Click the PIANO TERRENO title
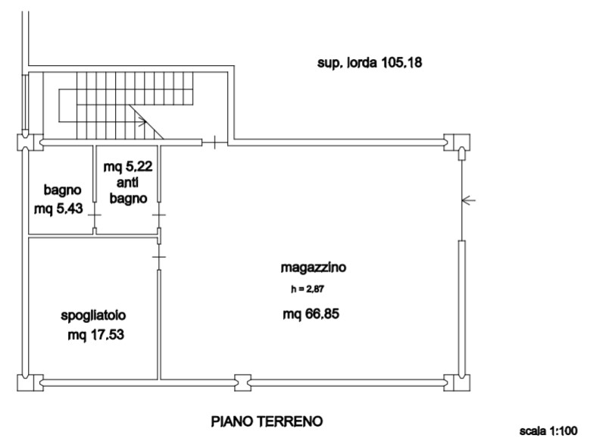[x=267, y=421]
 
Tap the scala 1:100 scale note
[x=548, y=431]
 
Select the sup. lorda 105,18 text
[x=370, y=62]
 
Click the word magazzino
[x=313, y=268]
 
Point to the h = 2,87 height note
[x=307, y=289]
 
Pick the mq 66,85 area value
[x=311, y=314]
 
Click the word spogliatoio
[x=93, y=315]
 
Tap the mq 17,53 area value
[x=96, y=335]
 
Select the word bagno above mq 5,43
[x=62, y=190]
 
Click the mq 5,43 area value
[x=58, y=208]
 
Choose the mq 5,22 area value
[x=128, y=166]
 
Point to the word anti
[x=127, y=183]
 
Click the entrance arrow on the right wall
[x=469, y=200]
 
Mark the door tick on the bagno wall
[x=95, y=215]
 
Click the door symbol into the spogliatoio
[x=159, y=257]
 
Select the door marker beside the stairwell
[x=214, y=143]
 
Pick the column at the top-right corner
[x=457, y=143]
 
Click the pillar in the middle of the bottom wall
[x=242, y=383]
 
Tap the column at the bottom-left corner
[x=30, y=383]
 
